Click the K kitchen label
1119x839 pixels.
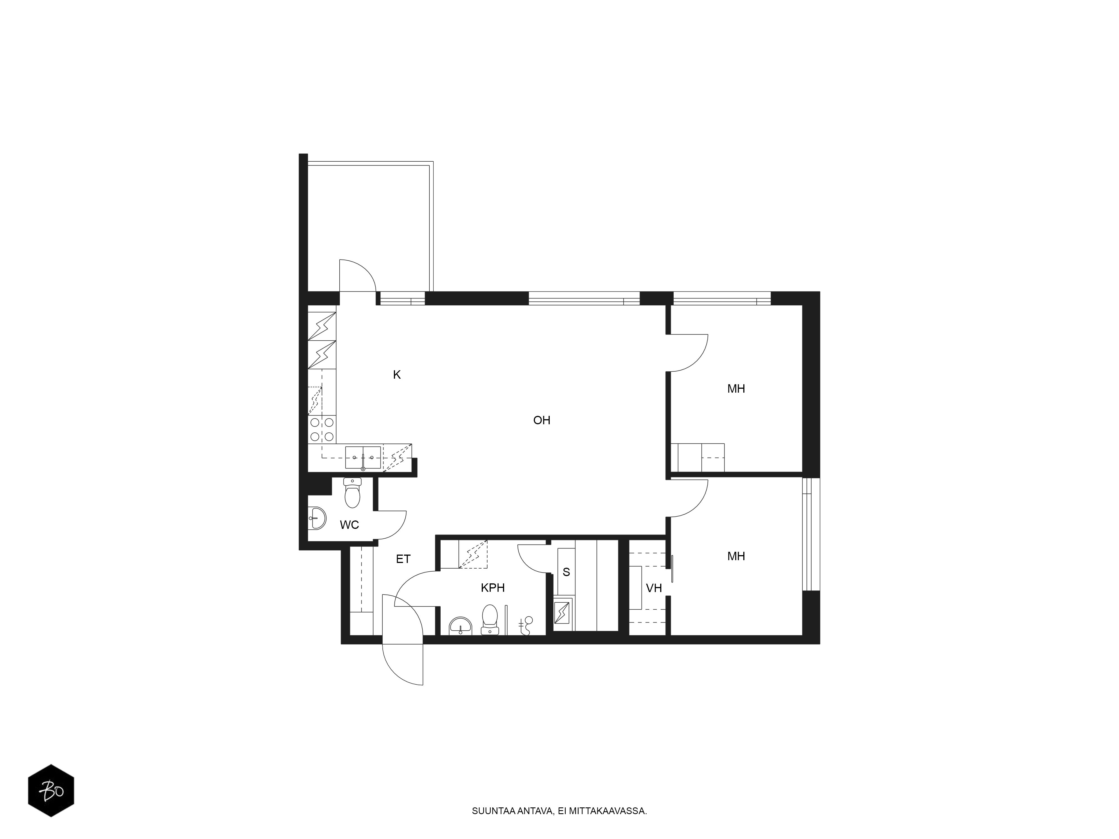pos(397,375)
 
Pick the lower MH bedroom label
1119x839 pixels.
pos(736,556)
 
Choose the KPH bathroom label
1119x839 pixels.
pos(493,588)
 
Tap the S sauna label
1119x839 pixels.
pos(566,572)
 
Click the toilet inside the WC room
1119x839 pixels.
pos(352,492)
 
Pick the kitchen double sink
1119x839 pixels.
pos(363,458)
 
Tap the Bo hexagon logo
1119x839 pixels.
pos(51,790)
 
